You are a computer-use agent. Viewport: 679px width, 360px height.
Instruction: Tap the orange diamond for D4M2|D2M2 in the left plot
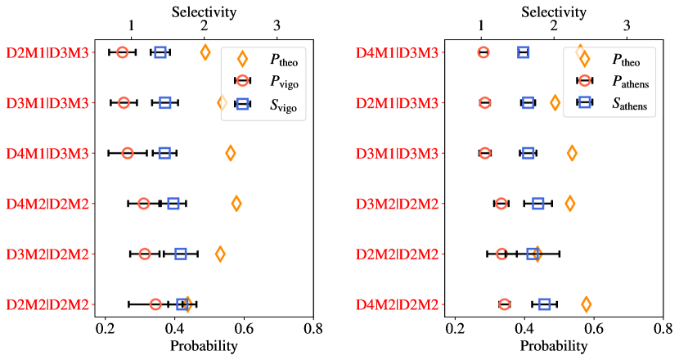[x=236, y=204]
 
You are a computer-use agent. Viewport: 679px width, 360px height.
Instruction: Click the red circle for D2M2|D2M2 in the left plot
[x=155, y=304]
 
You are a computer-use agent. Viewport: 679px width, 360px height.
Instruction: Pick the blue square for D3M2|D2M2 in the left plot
[x=181, y=254]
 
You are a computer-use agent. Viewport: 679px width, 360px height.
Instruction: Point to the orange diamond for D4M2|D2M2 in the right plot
[x=586, y=304]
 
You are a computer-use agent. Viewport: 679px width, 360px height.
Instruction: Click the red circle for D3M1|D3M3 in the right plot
[x=485, y=153]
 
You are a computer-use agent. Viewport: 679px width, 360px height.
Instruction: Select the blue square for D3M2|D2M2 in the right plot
[x=538, y=204]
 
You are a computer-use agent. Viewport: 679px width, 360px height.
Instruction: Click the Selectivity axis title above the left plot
[x=204, y=11]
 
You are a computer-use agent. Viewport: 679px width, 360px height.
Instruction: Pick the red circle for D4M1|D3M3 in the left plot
[x=127, y=153]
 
